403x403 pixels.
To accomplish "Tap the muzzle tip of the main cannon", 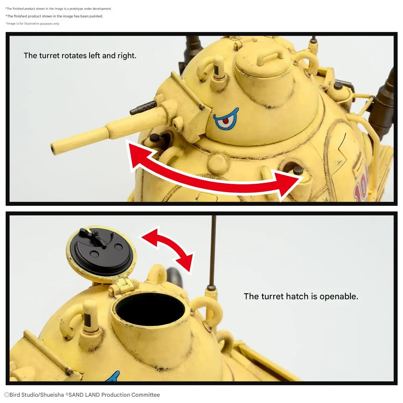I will tap(53, 148).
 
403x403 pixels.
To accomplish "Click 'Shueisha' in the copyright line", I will tap(52, 395).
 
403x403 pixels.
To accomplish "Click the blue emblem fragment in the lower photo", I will tap(114, 376).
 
